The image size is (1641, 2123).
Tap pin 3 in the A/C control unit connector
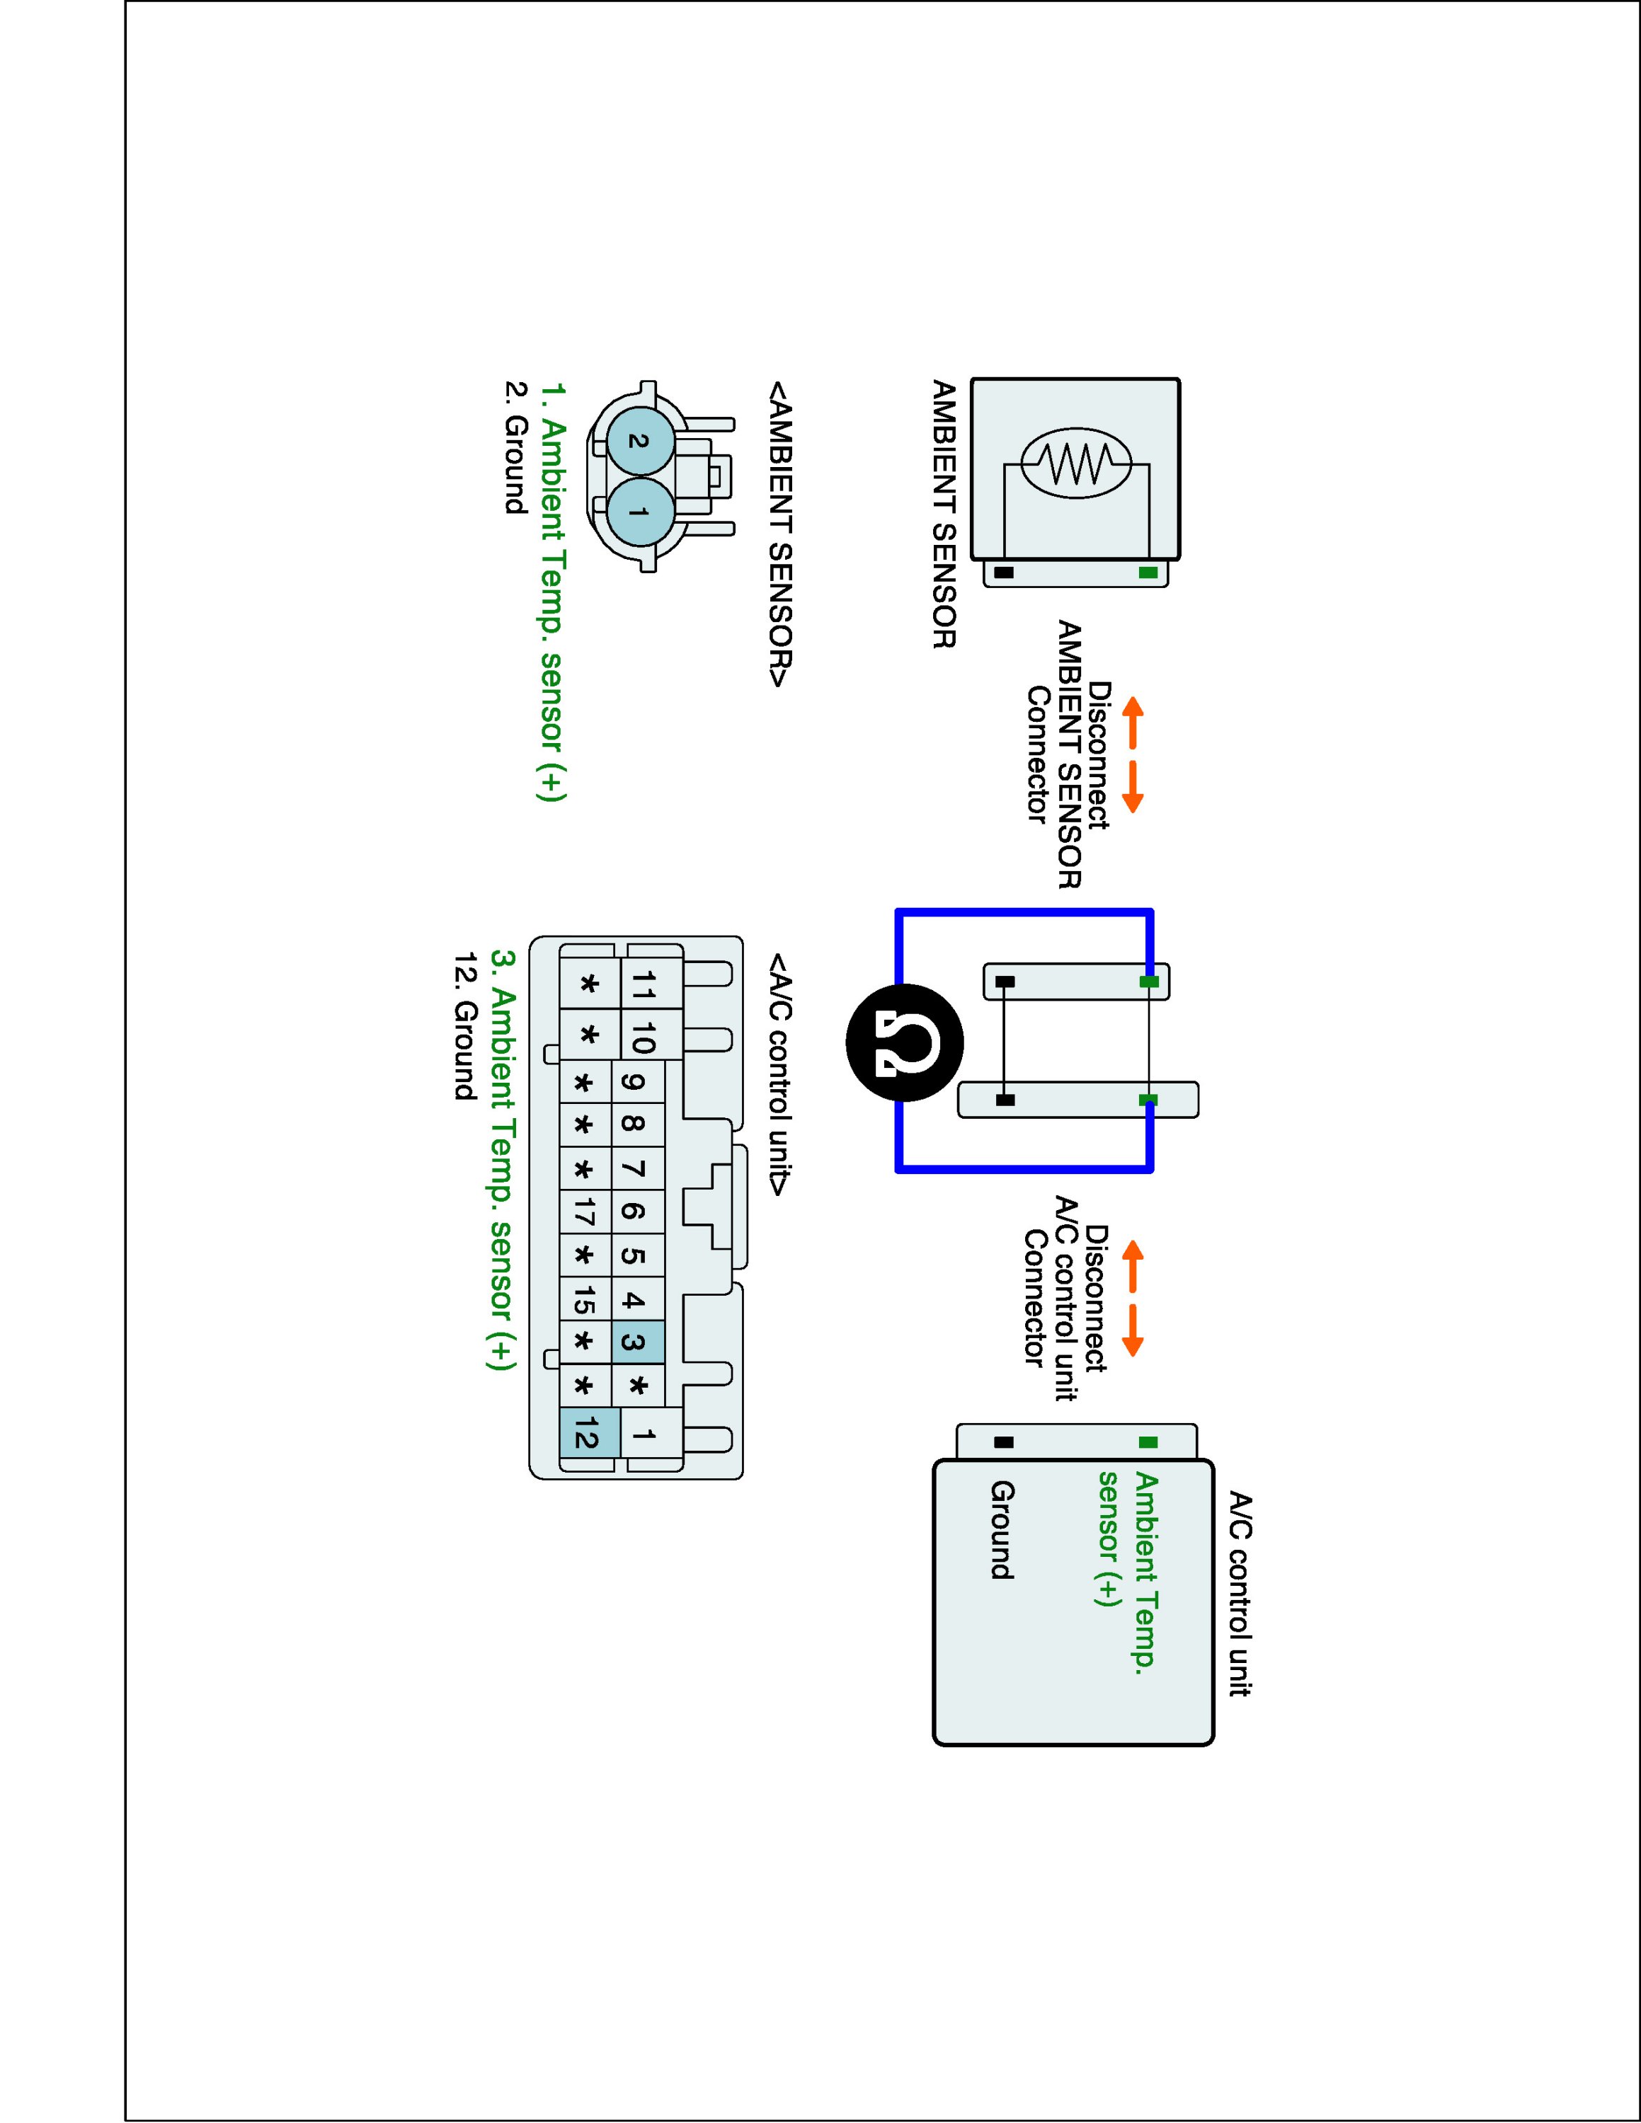point(636,1343)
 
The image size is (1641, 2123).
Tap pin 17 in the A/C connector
point(584,1212)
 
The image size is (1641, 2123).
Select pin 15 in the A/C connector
point(584,1301)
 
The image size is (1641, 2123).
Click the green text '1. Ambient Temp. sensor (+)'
point(552,592)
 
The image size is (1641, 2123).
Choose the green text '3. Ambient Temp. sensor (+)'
point(502,1161)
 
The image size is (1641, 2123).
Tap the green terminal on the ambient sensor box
point(1148,573)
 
